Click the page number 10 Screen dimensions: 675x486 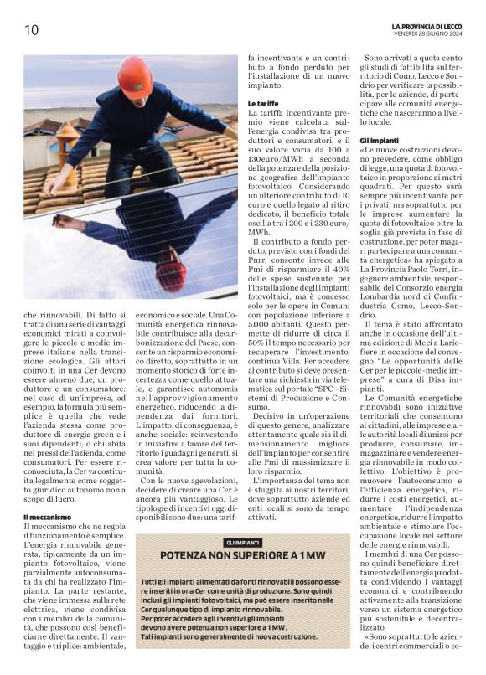tap(31, 30)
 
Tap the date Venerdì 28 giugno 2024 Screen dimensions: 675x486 tap(436, 34)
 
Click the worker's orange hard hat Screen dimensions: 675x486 tap(134, 75)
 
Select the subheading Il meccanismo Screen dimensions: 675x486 tap(47, 518)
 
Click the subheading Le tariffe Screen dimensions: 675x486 tap(263, 103)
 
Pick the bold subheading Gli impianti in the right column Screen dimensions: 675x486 tap(378, 141)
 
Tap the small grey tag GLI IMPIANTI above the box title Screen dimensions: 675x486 tap(242, 544)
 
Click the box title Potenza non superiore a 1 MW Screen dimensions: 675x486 tap(243, 555)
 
